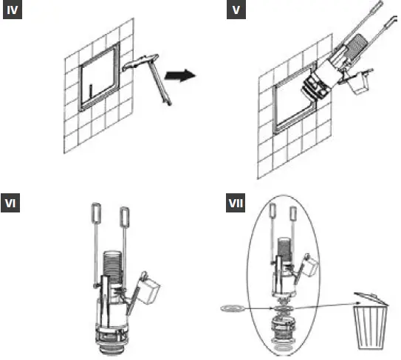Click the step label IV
[13, 13]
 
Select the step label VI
[13, 204]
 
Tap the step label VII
[236, 204]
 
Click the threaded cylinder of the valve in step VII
[285, 247]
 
